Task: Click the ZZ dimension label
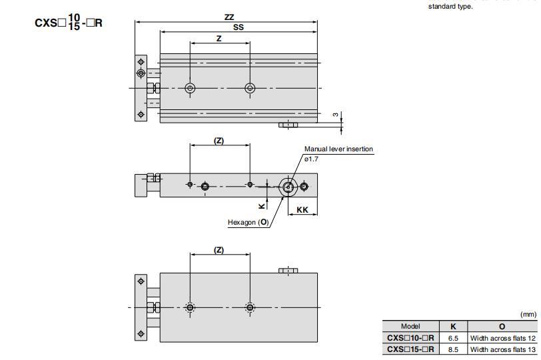[229, 17]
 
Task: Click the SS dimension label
[238, 27]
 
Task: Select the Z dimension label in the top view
[219, 39]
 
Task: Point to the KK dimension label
[302, 209]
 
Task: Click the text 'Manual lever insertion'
[338, 149]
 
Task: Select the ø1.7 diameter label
[313, 158]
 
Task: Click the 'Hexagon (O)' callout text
[249, 222]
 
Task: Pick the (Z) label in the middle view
[219, 140]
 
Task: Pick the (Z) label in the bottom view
[219, 250]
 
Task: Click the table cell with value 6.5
[453, 338]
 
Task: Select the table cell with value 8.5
[453, 349]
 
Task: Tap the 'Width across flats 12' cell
[502, 338]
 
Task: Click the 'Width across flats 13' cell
[502, 349]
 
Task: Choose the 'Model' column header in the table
[410, 327]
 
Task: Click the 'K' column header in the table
[453, 327]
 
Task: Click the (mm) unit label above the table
[528, 315]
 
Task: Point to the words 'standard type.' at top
[450, 7]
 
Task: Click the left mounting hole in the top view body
[191, 88]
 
